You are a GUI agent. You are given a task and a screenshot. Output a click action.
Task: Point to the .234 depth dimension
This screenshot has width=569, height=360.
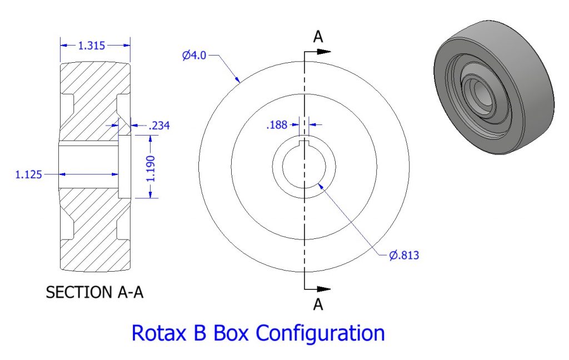[x=158, y=126]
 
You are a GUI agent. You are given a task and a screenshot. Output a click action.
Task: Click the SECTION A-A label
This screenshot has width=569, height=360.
[x=94, y=292]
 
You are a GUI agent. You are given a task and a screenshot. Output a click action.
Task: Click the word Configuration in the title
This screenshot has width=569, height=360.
[x=321, y=333]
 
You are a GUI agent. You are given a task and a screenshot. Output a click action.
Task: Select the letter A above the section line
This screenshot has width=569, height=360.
[x=318, y=37]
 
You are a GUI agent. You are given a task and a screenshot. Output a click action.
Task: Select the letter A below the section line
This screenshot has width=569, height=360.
[x=318, y=304]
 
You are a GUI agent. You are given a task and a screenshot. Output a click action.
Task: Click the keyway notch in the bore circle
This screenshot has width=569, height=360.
[x=304, y=144]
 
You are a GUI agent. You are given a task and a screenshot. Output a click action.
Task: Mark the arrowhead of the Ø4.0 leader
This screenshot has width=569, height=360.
[x=239, y=81]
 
